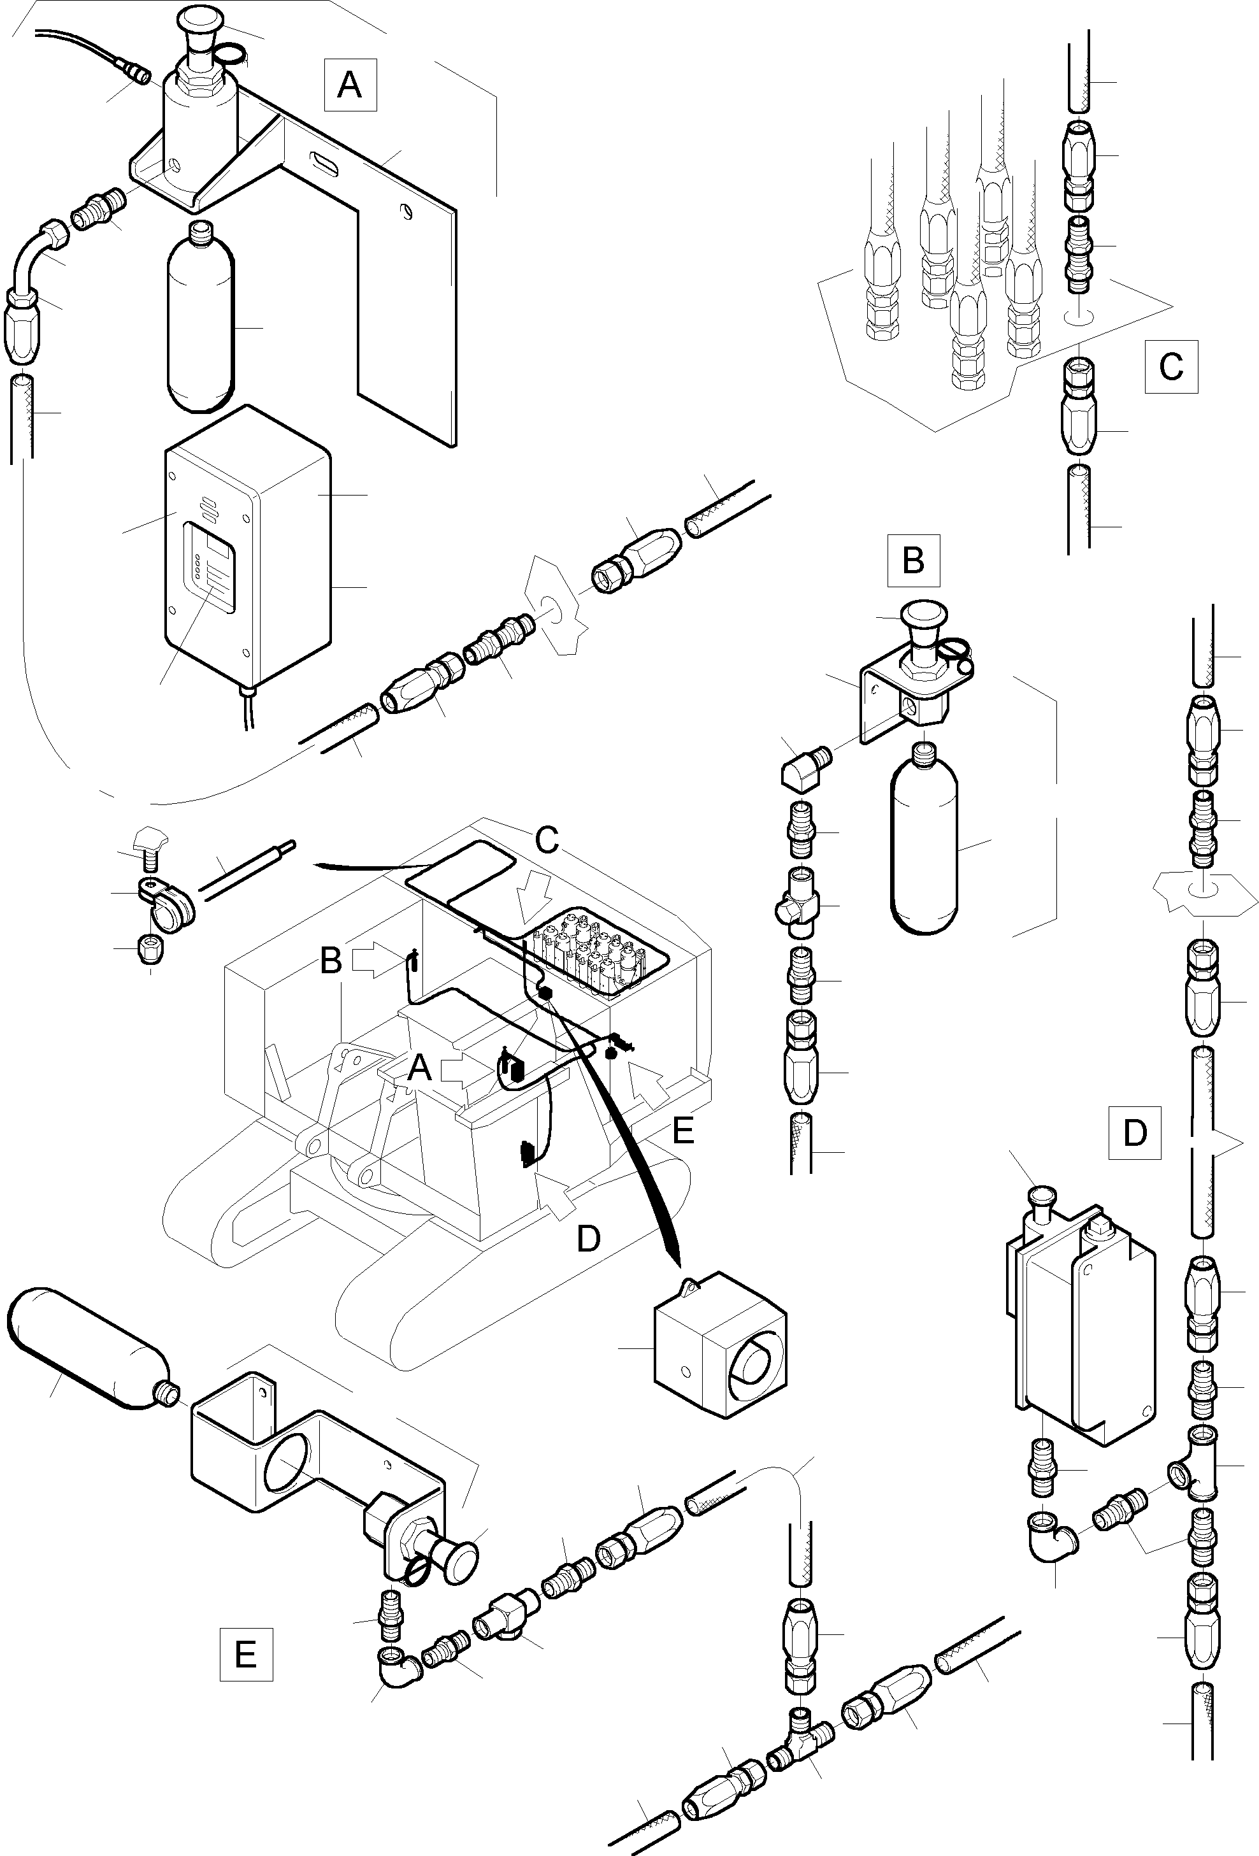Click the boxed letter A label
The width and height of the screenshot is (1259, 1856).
point(350,84)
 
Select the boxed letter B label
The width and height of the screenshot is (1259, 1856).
point(913,560)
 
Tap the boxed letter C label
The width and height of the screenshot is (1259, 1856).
point(1170,367)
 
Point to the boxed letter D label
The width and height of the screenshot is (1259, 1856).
point(1134,1132)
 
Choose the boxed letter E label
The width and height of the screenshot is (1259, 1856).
point(245,1654)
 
